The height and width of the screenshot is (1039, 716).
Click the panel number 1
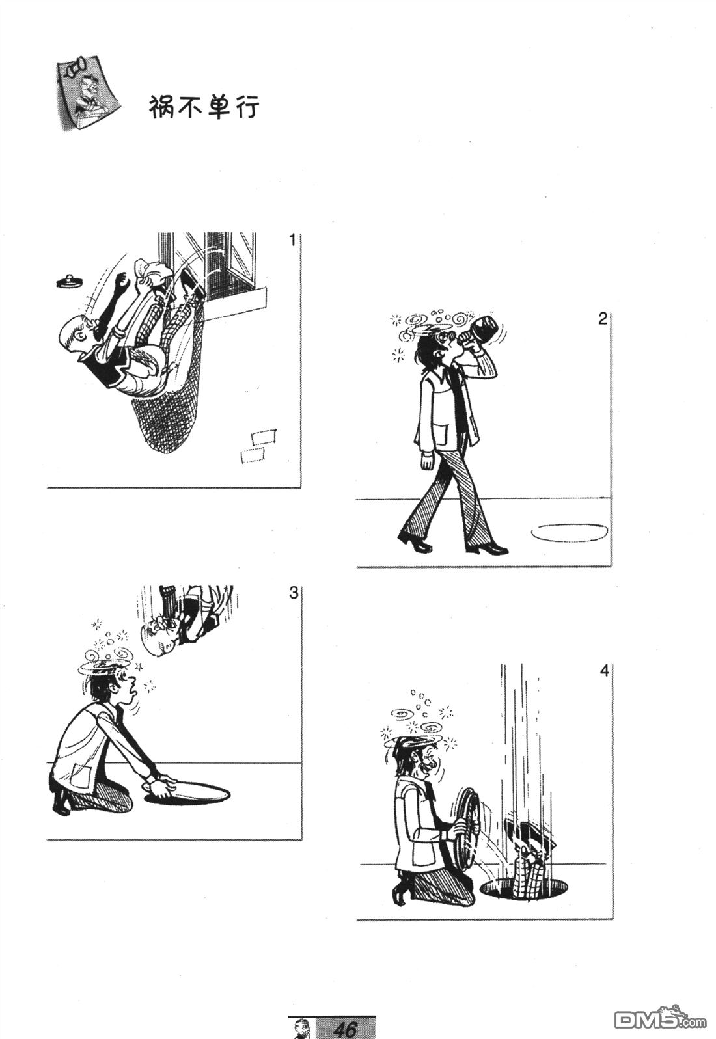292,241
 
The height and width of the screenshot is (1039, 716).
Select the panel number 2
602,319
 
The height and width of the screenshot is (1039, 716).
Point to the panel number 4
603,671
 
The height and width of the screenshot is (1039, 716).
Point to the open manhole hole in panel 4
525,887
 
